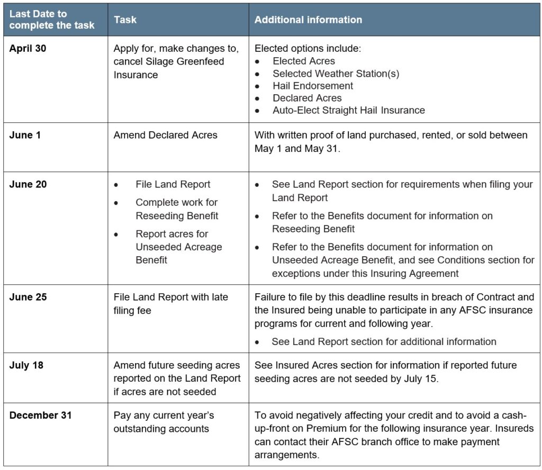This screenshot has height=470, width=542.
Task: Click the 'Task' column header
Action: [125, 20]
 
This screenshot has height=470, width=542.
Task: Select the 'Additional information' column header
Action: [308, 20]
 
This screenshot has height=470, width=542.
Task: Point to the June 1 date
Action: [25, 135]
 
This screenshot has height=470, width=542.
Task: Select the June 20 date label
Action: [28, 184]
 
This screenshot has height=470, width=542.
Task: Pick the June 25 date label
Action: [28, 297]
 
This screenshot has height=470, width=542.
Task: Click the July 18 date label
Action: [25, 365]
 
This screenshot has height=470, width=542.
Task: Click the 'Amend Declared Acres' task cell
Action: [165, 135]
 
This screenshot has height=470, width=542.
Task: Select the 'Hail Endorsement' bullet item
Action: [313, 85]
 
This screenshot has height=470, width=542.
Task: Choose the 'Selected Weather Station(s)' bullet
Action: [336, 73]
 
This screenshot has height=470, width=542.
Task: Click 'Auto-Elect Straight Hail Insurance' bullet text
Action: [348, 110]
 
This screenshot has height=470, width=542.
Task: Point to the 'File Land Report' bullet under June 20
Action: [173, 184]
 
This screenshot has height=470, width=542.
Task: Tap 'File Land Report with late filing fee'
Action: [170, 304]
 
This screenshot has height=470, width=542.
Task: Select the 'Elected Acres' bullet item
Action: [303, 61]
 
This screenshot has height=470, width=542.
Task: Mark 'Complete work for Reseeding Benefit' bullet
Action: [177, 209]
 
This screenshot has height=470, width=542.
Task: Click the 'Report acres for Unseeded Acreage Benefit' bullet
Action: [178, 247]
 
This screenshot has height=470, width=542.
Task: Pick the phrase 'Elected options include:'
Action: [308, 48]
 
